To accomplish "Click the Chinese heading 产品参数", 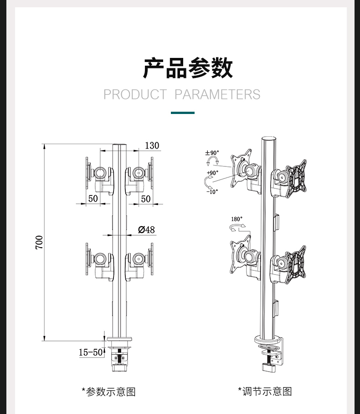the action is pos(188,68).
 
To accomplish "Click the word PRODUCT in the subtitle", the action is pos(135,94).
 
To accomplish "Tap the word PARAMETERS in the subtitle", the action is pos(217,94).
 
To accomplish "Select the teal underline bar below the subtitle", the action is pos(183,113).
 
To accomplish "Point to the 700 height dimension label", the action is pos(39,243).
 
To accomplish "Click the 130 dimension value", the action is pos(152,145).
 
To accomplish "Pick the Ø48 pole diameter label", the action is pos(146,230).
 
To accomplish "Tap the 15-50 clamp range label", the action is pos(91,352).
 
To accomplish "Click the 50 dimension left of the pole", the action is pos(93,198).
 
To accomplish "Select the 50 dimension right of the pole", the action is pos(146,199).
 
